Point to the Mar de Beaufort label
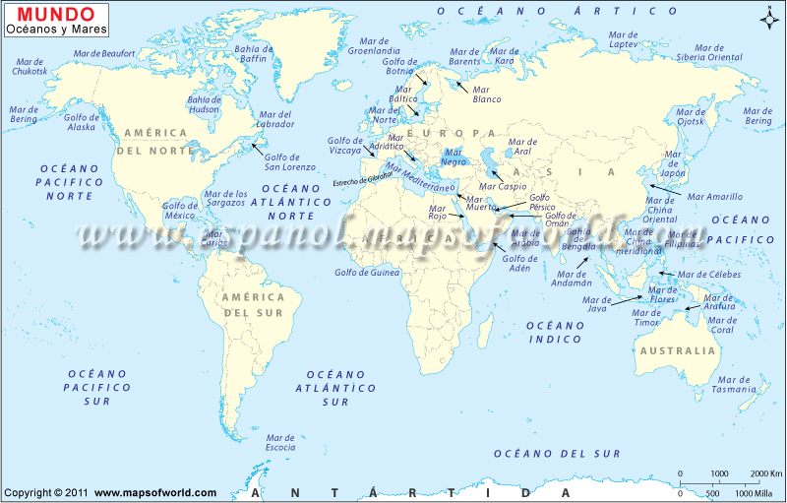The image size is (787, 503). pyautogui.click(x=103, y=53)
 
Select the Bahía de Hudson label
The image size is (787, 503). pyautogui.click(x=204, y=104)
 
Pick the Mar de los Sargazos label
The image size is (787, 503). pyautogui.click(x=225, y=199)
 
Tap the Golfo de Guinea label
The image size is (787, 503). pyautogui.click(x=367, y=273)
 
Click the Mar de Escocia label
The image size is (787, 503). pyautogui.click(x=280, y=443)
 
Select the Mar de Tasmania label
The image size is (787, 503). pyautogui.click(x=735, y=384)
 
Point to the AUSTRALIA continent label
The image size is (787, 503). pyautogui.click(x=677, y=350)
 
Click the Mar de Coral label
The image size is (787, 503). pyautogui.click(x=722, y=325)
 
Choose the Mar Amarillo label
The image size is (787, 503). pyautogui.click(x=716, y=197)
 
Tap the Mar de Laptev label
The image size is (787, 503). pyautogui.click(x=623, y=39)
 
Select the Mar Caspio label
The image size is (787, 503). pyautogui.click(x=503, y=186)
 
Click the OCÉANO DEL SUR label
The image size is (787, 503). pyautogui.click(x=557, y=454)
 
